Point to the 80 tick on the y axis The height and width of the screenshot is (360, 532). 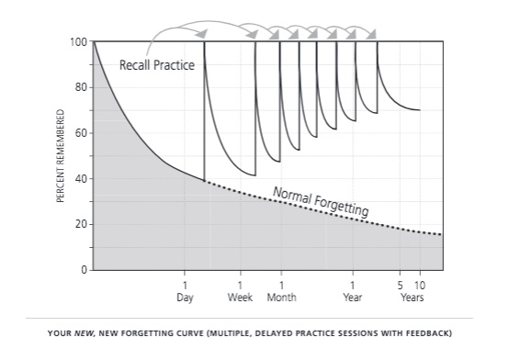80,88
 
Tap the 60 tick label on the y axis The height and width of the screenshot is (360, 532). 80,134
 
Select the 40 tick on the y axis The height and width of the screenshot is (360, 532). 80,179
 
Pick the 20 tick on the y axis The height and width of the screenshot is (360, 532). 80,225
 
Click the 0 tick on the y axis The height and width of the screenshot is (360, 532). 83,270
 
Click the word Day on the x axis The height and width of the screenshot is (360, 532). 185,298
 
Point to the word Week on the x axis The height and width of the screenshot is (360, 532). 240,298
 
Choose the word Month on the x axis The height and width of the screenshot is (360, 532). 281,298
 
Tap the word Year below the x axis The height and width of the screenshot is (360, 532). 352,298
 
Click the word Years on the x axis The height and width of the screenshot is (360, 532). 412,298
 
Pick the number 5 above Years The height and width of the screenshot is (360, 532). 401,286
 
